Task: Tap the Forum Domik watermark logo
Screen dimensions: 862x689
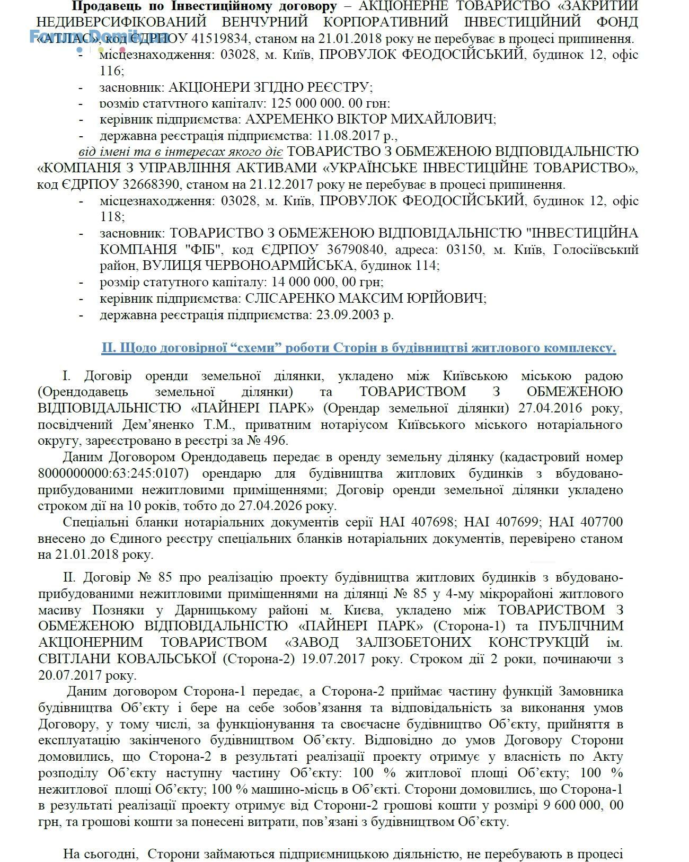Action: [x=98, y=37]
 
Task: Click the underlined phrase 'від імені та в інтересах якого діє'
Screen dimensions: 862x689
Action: [x=181, y=152]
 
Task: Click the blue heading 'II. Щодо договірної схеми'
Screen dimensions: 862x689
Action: [x=358, y=348]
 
